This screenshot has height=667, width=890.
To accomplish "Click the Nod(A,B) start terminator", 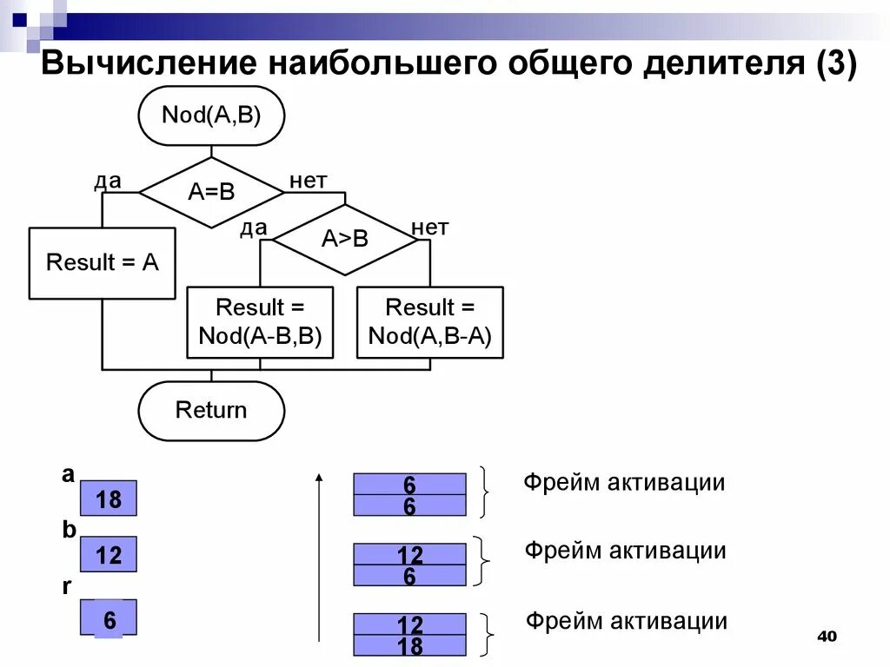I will [x=211, y=116].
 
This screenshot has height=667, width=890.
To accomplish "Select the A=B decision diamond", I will [x=211, y=192].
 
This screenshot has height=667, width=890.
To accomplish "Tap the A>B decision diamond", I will [x=345, y=240].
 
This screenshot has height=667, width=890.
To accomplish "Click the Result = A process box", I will [x=103, y=263].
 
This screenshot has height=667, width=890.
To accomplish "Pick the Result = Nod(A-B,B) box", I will [x=260, y=322].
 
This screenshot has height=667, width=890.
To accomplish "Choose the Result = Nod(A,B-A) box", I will [x=430, y=322].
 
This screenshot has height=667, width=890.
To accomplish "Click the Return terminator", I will [x=211, y=410].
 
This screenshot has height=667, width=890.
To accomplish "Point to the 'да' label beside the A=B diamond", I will [x=108, y=181].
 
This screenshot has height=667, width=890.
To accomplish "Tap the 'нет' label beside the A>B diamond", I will [x=429, y=228].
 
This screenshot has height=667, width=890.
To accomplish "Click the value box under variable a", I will [x=109, y=499].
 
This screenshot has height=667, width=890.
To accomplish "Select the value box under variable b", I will [x=109, y=554].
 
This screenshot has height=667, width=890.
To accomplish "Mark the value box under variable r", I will [x=109, y=619].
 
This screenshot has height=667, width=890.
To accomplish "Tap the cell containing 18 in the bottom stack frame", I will [x=409, y=646].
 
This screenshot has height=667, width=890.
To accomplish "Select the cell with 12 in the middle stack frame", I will [x=409, y=554].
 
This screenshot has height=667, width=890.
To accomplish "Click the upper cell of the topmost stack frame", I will [x=409, y=484].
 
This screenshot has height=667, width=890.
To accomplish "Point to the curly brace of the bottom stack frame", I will [x=488, y=635].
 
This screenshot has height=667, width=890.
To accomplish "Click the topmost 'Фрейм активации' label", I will [x=623, y=483].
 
